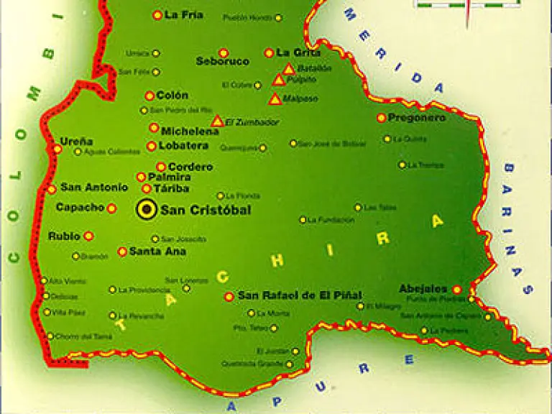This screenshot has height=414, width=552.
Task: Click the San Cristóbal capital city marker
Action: [x=147, y=209]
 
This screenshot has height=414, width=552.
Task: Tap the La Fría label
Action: [x=184, y=14]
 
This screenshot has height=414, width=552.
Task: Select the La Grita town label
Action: [x=298, y=52]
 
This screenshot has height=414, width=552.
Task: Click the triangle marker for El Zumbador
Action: [x=217, y=121]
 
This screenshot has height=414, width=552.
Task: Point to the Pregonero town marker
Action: [x=382, y=118]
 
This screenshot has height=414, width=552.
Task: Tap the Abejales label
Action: [x=423, y=288]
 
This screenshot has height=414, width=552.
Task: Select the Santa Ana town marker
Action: [x=122, y=252]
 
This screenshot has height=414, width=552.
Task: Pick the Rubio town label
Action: [x=63, y=236]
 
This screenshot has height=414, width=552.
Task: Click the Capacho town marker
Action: [x=111, y=208]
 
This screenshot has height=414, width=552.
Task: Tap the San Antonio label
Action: [x=94, y=188]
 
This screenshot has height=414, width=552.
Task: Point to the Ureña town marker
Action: [x=57, y=149]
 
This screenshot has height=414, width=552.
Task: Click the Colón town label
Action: [x=172, y=96]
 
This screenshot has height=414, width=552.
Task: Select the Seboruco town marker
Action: [x=224, y=52]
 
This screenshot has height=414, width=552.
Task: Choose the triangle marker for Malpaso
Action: [x=275, y=99]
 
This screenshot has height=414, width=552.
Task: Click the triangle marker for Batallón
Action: [x=288, y=69]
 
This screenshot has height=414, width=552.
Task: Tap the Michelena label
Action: [x=190, y=132]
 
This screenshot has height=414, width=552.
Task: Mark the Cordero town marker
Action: [x=161, y=167]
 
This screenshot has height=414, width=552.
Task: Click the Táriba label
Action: [x=171, y=188]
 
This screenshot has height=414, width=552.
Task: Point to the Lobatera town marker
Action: [x=152, y=146]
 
